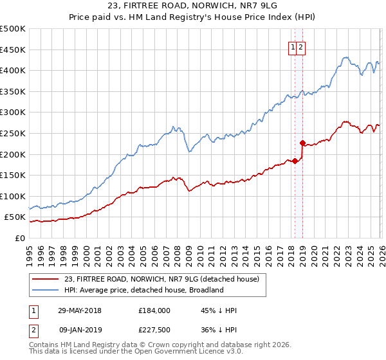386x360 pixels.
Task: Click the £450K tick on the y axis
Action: pyautogui.click(x=13, y=50)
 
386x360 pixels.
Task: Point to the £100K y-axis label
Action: pyautogui.click(x=13, y=196)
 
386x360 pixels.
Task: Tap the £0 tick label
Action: pyautogui.click(x=19, y=238)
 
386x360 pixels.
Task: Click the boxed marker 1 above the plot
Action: pyautogui.click(x=293, y=46)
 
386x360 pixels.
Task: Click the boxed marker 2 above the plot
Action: pyautogui.click(x=301, y=46)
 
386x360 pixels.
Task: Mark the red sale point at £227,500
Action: pyautogui.click(x=302, y=143)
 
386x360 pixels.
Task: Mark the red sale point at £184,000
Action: pyautogui.click(x=295, y=161)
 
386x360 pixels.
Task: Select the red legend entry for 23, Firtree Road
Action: pyautogui.click(x=161, y=279)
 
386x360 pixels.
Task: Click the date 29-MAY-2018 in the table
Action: pyautogui.click(x=80, y=310)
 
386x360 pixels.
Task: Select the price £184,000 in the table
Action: pyautogui.click(x=154, y=310)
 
